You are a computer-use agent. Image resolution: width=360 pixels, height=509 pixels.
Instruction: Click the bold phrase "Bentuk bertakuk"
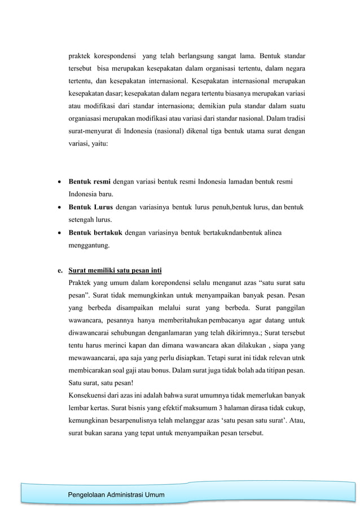click(x=95, y=233)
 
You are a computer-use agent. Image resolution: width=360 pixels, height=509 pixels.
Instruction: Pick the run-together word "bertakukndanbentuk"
click(x=217, y=233)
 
